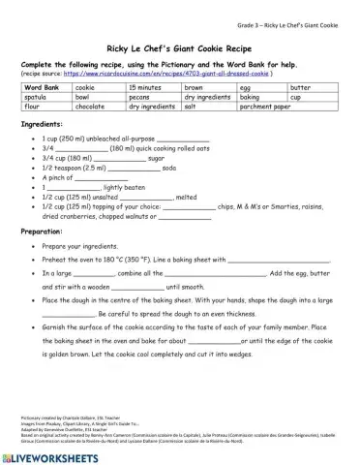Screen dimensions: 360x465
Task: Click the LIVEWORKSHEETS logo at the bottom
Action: (x=50, y=453)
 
